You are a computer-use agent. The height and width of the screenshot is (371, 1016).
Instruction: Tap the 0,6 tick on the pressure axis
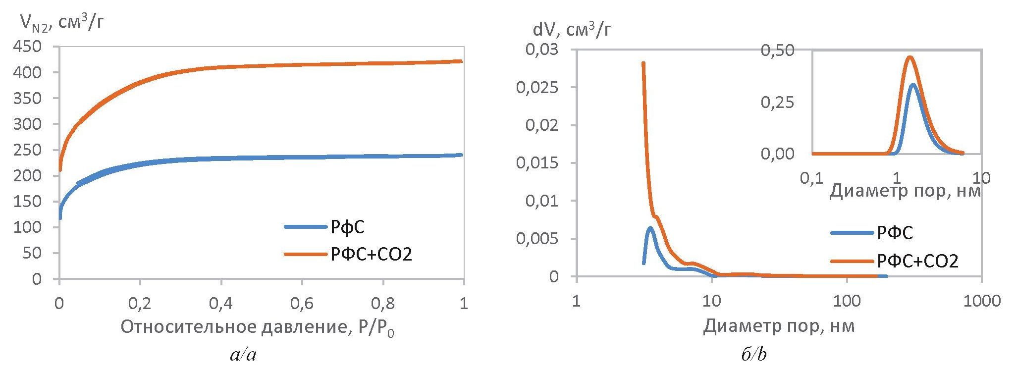coord(302,303)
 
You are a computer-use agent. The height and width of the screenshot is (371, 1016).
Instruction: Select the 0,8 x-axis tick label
coord(382,303)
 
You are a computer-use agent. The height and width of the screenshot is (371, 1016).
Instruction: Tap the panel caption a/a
coord(243,355)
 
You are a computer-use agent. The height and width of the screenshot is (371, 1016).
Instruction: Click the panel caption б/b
coord(754,355)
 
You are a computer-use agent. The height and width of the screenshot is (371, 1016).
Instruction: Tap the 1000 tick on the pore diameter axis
coord(980,301)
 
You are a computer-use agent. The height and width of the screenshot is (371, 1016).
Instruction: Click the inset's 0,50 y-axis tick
coord(777,50)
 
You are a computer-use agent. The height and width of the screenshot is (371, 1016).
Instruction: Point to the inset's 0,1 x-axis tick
coord(812,178)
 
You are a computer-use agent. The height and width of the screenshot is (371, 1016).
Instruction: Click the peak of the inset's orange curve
coord(909,57)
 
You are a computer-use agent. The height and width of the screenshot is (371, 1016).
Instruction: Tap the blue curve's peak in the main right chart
coord(650,228)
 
